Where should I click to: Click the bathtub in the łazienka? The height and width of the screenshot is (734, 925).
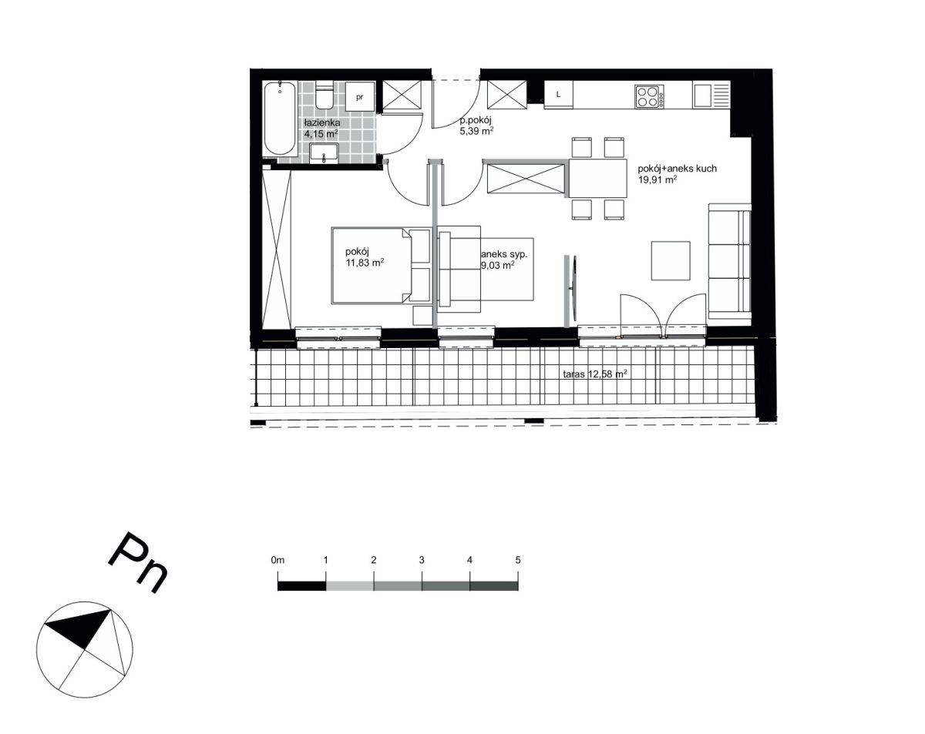click(279, 119)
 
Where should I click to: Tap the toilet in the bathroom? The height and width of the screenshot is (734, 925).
click(324, 95)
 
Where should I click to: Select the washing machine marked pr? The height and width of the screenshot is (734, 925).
click(360, 96)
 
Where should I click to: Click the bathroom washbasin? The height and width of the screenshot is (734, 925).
click(324, 153)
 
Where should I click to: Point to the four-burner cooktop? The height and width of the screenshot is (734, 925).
click(648, 96)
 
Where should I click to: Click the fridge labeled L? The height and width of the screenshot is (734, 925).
click(558, 95)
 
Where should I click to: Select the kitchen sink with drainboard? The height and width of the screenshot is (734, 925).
click(711, 96)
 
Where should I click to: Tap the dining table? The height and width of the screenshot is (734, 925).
click(598, 178)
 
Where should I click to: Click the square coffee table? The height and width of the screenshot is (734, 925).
click(671, 260)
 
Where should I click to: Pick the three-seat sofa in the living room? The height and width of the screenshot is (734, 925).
click(729, 261)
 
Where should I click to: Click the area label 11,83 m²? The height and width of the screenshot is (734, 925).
click(365, 263)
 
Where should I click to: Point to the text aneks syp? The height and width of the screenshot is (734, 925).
click(504, 254)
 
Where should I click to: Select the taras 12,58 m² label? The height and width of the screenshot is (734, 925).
click(595, 374)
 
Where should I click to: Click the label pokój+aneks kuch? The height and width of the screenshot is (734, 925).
click(677, 169)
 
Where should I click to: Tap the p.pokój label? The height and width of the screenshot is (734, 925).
click(476, 120)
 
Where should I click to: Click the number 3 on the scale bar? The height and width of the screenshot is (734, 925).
click(422, 560)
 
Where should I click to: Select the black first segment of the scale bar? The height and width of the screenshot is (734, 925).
click(301, 586)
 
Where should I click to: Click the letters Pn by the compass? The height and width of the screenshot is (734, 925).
click(137, 563)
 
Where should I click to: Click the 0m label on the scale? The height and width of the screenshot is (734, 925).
click(277, 560)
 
